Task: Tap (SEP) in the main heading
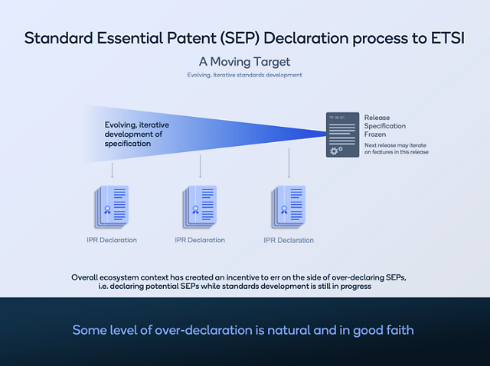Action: pyautogui.click(x=237, y=38)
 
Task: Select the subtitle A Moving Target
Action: pyautogui.click(x=244, y=61)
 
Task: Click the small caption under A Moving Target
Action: pyautogui.click(x=244, y=75)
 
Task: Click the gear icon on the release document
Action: pyautogui.click(x=334, y=151)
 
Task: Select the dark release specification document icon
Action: pyautogui.click(x=342, y=134)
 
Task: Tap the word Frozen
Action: pyautogui.click(x=377, y=134)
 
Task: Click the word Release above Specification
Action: pyautogui.click(x=377, y=118)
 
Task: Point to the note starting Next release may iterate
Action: pyautogui.click(x=396, y=148)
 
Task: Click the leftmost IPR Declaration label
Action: pyautogui.click(x=112, y=240)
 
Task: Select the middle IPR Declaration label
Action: pyautogui.click(x=200, y=240)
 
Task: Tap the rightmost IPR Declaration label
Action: pyautogui.click(x=289, y=240)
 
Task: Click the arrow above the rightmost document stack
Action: pyautogui.click(x=289, y=163)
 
